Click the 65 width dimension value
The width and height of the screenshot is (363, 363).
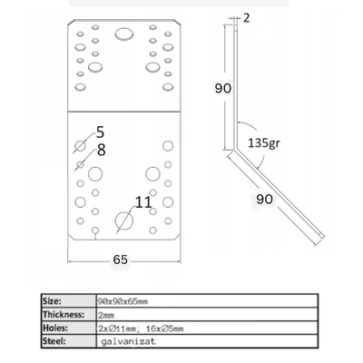[x=121, y=260]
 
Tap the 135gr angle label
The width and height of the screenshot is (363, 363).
[x=264, y=142]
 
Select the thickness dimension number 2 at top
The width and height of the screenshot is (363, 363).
[x=247, y=18]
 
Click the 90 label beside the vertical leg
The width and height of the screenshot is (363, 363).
[x=223, y=88]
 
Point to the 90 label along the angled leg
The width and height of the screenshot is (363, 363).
[x=264, y=199]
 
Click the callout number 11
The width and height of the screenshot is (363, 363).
[x=143, y=202]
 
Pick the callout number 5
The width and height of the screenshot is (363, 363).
[x=100, y=132]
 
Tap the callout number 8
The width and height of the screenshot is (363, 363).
[x=102, y=150]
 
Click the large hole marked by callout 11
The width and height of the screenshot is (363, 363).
[x=124, y=221]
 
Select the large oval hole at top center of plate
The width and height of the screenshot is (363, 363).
[x=124, y=34]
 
